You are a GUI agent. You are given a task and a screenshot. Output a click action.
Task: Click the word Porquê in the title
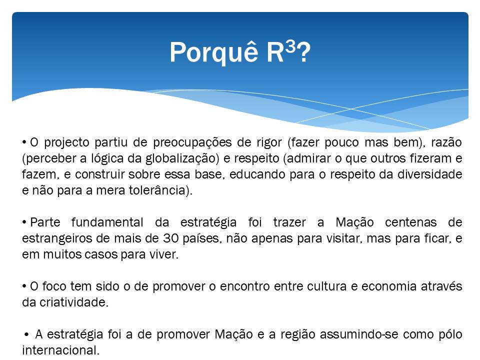(x=214, y=52)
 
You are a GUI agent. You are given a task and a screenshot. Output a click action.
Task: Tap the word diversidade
(x=430, y=174)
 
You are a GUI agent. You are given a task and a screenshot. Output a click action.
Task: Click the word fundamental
(x=107, y=222)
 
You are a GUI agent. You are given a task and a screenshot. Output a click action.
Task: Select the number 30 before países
(x=170, y=238)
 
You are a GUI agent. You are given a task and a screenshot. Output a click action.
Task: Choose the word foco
(x=54, y=286)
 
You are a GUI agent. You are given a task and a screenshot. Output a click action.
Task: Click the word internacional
(x=60, y=350)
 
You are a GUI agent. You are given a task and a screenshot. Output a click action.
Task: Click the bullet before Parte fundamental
(x=24, y=222)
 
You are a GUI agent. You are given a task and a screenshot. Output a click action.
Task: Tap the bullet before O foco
(x=24, y=286)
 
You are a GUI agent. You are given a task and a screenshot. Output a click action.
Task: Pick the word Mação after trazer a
(x=354, y=222)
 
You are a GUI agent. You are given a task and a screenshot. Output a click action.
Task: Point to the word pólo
(x=450, y=334)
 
